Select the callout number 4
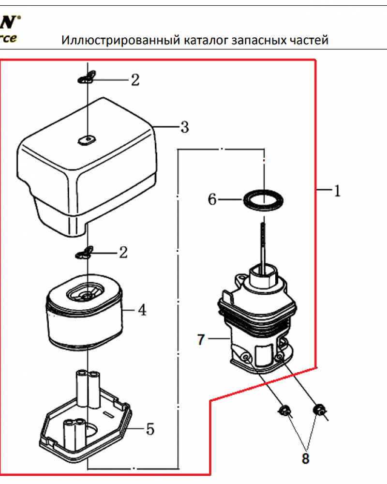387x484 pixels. click(142, 310)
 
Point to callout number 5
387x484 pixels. click(150, 429)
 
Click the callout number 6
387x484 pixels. click(212, 199)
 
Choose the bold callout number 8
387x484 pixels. click(305, 458)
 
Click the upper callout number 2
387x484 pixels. click(135, 80)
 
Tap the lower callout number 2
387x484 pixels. click(123, 252)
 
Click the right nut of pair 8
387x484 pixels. click(319, 410)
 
